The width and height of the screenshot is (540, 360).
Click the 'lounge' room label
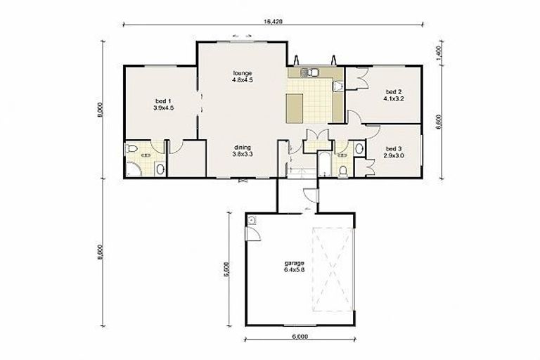click(x=242, y=74)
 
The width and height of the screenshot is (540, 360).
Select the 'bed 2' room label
click(x=393, y=92)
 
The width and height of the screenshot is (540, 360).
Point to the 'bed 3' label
click(x=393, y=148)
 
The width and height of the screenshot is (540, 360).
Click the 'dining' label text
click(x=243, y=147)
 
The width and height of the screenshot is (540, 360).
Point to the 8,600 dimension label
click(x=102, y=251)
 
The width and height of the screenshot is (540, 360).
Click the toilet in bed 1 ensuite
click(x=133, y=149)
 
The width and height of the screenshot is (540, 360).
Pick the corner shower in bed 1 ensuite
click(x=133, y=168)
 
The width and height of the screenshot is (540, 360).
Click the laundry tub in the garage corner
click(x=252, y=221)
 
